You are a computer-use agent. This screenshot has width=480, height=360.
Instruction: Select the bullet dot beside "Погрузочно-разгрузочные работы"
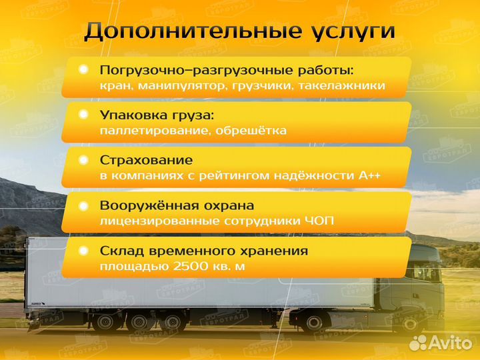tap(83, 69)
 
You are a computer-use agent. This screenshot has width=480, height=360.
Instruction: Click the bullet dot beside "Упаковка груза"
tap(83, 115)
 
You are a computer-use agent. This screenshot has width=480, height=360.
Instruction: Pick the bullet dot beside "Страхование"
tap(83, 160)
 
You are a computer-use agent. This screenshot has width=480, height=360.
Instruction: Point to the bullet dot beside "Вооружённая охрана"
tap(83, 206)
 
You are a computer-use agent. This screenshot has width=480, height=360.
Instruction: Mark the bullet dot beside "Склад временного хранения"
tap(83, 251)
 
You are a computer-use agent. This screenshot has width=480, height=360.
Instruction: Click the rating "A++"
tap(371, 177)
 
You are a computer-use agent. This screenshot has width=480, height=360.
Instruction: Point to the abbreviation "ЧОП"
tap(320, 222)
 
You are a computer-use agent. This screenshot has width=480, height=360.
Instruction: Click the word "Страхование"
tap(146, 161)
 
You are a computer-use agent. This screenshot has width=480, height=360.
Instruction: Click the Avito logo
tap(441, 342)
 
